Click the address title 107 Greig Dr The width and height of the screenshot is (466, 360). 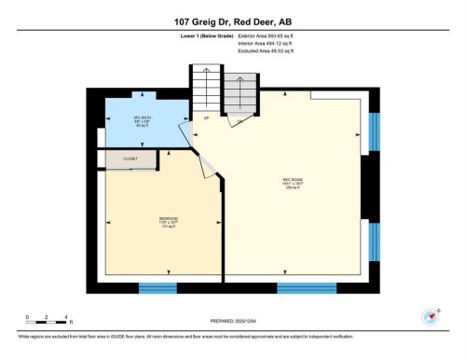point(232,21)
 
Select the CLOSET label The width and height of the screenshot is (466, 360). point(130,159)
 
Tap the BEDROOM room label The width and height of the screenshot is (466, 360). point(143,221)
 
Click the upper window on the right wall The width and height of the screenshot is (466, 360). point(374,132)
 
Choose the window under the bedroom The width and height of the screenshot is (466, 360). point(158,288)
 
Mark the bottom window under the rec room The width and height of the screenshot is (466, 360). point(307,288)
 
